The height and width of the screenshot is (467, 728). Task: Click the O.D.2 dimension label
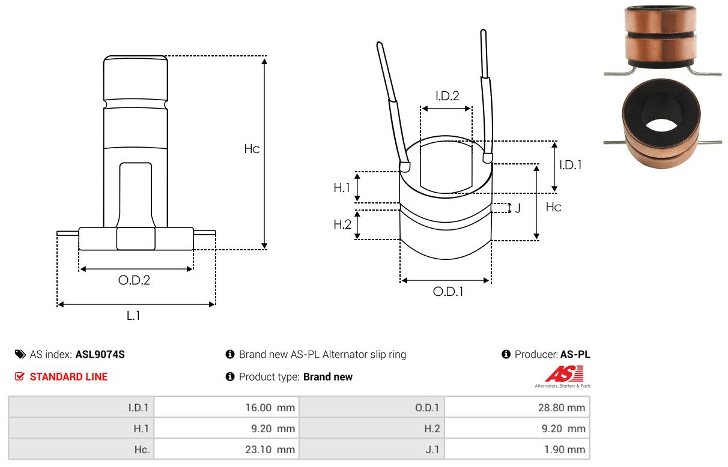click(134, 280)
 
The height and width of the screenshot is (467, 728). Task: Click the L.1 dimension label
click(133, 315)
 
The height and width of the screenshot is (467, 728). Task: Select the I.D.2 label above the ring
click(447, 95)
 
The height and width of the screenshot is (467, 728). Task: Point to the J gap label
click(517, 208)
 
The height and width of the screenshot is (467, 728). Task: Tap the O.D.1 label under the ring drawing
click(448, 292)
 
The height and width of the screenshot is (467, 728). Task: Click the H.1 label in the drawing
click(342, 188)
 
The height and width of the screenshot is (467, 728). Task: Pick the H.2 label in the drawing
click(342, 224)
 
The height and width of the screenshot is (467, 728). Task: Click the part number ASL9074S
click(100, 354)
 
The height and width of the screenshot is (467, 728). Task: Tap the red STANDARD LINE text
click(68, 377)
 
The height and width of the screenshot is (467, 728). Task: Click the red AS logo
click(563, 374)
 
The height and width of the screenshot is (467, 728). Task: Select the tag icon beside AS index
click(20, 354)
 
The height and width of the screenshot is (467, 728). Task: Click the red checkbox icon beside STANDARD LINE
click(20, 377)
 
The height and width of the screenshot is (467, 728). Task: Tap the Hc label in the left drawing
click(252, 149)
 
